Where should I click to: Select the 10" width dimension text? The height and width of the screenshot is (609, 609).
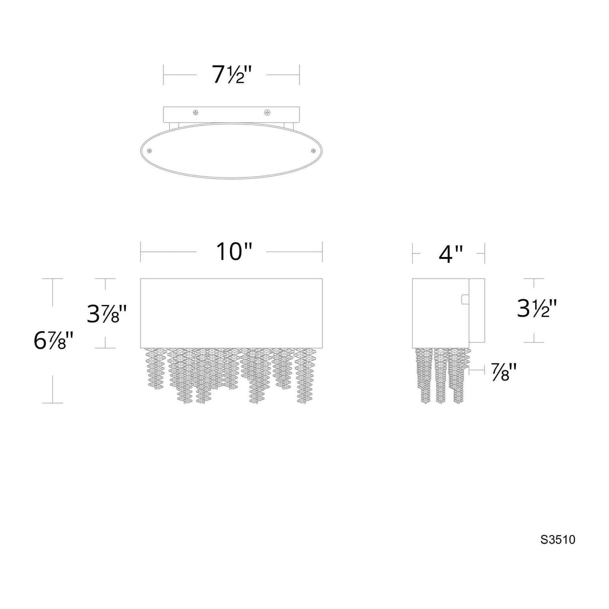[x=234, y=252]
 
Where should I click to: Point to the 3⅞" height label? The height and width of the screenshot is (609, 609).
[x=107, y=314]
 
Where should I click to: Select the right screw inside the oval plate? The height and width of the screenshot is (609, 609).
[x=313, y=151]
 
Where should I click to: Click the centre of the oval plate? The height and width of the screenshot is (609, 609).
[x=231, y=151]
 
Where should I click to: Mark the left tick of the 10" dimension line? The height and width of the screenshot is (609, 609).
[x=141, y=252]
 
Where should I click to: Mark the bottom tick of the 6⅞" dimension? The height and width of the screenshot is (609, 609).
[x=53, y=403]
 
